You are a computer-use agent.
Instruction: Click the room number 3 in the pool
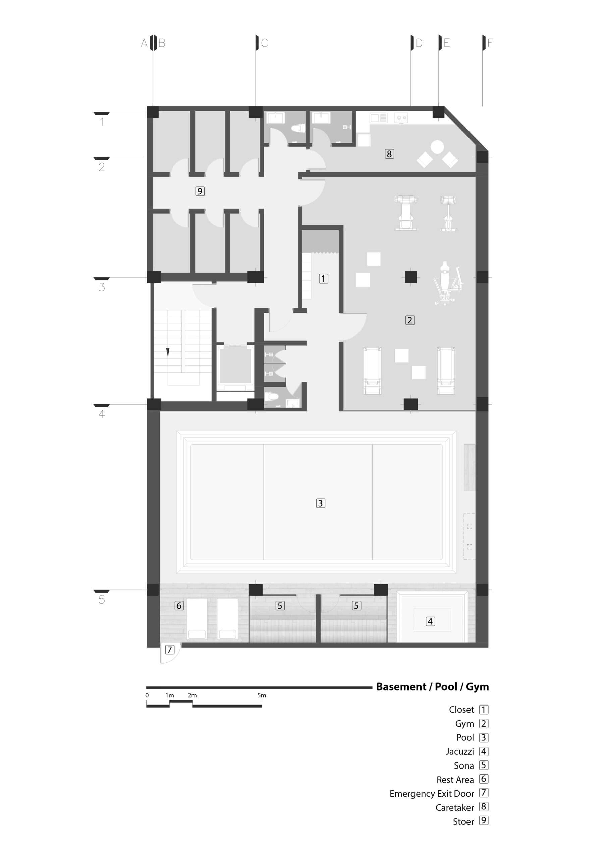320,503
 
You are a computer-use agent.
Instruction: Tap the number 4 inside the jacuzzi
430,621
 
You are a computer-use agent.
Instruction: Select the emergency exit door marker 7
170,649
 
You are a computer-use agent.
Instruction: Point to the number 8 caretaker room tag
389,154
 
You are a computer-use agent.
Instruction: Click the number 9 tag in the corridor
200,191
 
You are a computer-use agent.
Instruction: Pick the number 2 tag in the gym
410,320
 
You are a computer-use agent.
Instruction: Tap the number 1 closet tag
324,279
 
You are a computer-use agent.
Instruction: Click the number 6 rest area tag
179,605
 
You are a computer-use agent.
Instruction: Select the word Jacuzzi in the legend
460,751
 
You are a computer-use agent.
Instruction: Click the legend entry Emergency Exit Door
432,793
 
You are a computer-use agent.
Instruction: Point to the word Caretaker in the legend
455,807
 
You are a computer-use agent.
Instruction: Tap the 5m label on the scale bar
262,695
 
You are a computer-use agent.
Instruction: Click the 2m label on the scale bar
192,695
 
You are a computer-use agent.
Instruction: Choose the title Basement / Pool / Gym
432,687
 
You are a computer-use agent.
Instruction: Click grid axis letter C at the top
264,43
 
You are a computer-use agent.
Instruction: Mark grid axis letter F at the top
490,43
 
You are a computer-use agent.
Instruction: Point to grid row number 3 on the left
102,287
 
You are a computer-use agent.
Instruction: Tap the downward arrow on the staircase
168,352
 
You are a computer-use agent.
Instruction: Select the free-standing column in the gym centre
411,277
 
